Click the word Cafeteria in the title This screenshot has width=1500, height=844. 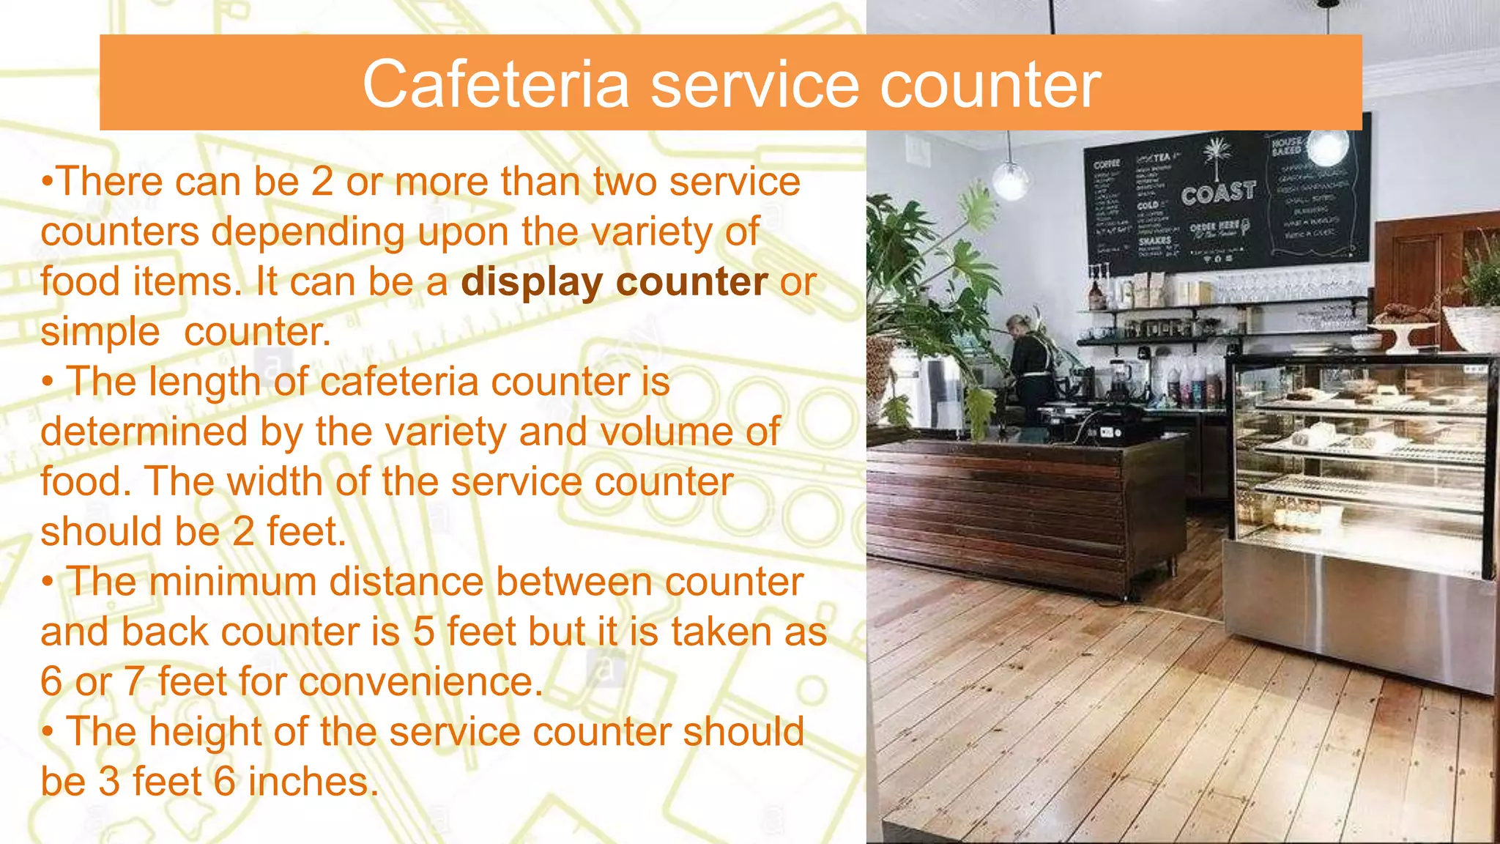pyautogui.click(x=496, y=84)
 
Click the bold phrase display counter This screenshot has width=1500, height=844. pyautogui.click(x=614, y=281)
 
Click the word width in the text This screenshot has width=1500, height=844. pyautogui.click(x=275, y=481)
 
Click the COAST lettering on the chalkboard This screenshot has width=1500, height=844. pyautogui.click(x=1218, y=193)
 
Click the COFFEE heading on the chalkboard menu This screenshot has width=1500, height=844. pyautogui.click(x=1106, y=164)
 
